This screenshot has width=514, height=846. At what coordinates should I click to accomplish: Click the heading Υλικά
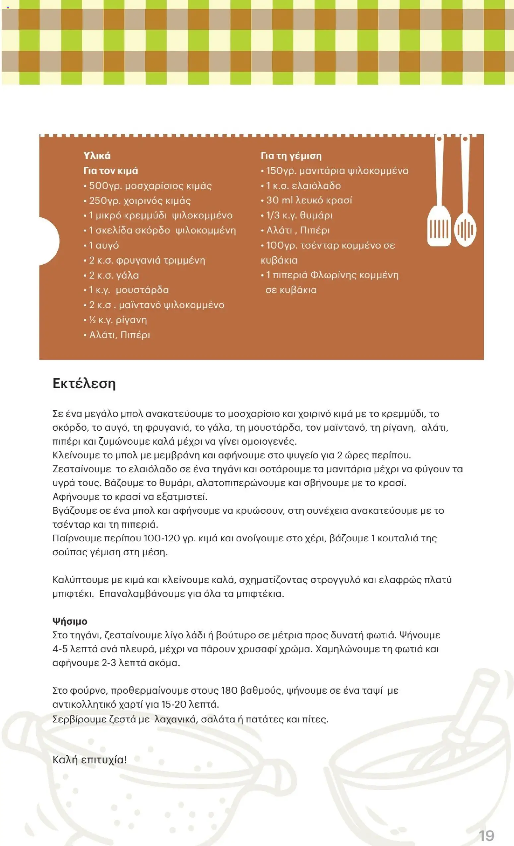coord(97,156)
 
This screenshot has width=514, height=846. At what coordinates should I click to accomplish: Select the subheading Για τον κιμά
coord(110,171)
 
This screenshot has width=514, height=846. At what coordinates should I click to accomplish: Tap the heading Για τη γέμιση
coord(291,156)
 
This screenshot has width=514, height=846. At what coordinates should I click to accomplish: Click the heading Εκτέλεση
coord(84,383)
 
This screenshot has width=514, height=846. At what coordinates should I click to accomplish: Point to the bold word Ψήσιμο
coord(70,621)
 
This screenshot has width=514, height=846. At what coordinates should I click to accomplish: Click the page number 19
coord(486,835)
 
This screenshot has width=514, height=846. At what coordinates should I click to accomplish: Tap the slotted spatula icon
coord(439,206)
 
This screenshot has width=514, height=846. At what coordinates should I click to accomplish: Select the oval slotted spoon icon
coord(465,220)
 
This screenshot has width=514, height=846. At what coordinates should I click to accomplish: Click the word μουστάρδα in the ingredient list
coord(142,290)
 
